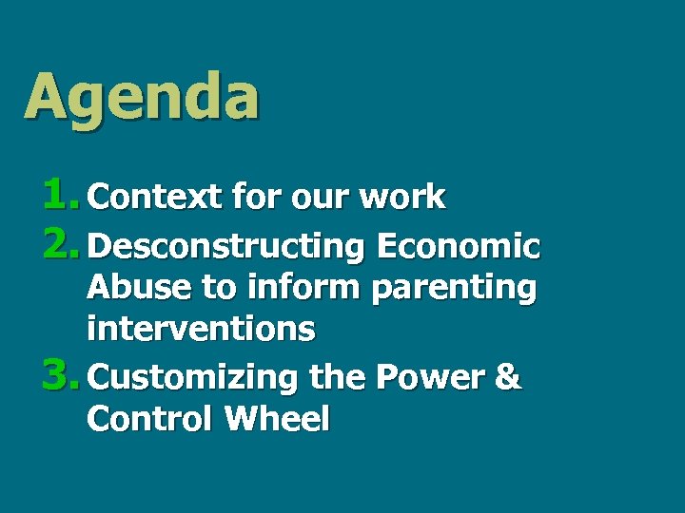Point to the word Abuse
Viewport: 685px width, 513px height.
[x=134, y=287]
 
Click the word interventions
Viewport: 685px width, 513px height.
[x=201, y=329]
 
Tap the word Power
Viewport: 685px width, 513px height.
[x=430, y=377]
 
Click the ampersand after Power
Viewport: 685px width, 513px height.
[x=509, y=377]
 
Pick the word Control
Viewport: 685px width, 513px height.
[x=150, y=419]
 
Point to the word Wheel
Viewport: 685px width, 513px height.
[x=277, y=419]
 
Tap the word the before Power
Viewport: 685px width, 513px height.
[x=338, y=377]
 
